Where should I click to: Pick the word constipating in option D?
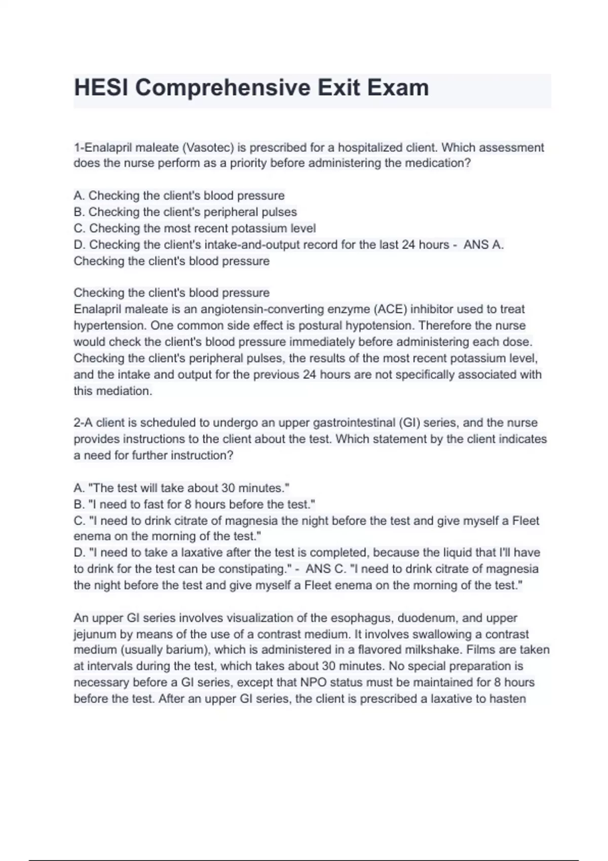(254, 569)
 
